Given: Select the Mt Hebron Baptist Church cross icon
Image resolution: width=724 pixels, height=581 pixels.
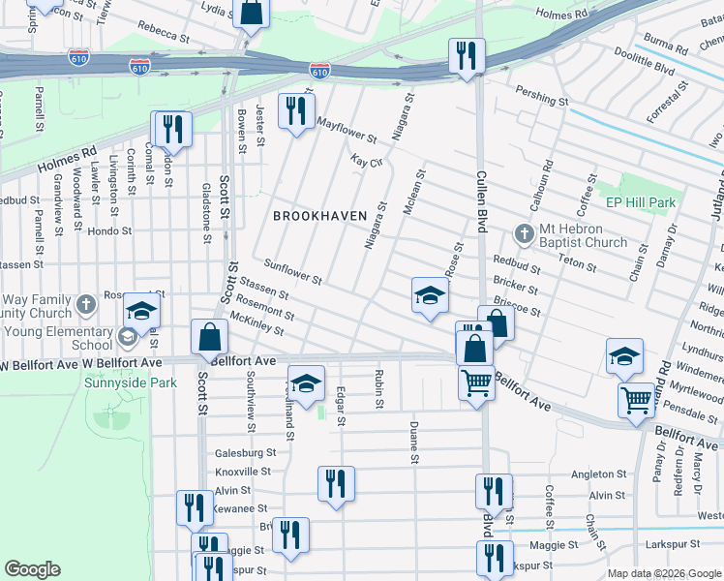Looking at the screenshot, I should click(524, 233).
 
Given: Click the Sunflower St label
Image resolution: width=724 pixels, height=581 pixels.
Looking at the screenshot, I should click(293, 272).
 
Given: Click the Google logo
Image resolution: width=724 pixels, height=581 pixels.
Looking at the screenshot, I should click(32, 569).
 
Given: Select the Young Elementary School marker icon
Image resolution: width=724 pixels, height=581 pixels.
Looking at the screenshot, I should click(126, 337).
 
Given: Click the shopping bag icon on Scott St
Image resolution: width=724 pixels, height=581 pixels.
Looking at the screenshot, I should click(209, 339).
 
